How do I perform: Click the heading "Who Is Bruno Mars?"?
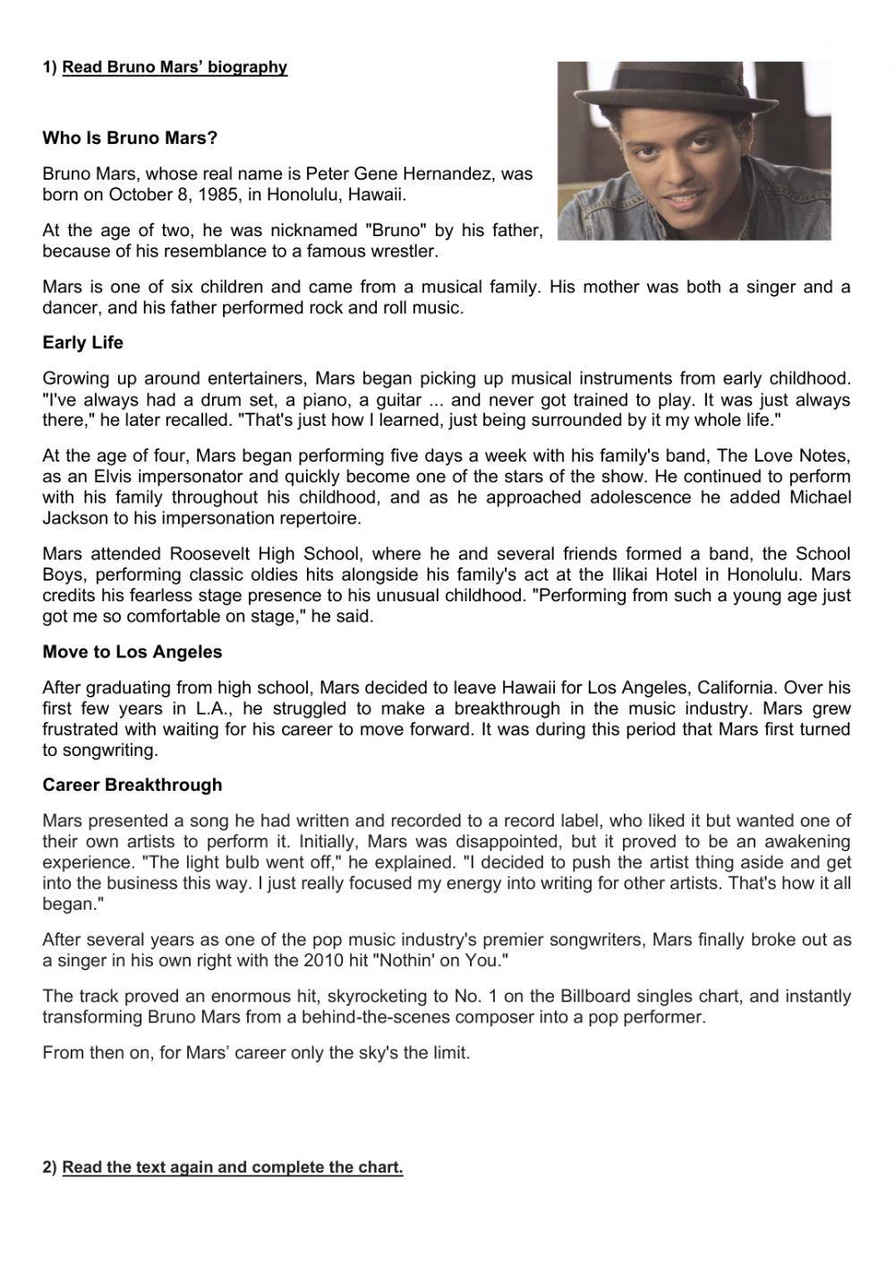click(130, 139)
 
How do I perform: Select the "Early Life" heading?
click(83, 343)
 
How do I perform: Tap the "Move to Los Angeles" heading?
click(132, 652)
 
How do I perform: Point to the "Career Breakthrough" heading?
click(132, 785)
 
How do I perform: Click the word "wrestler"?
click(405, 251)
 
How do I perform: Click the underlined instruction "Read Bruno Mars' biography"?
click(175, 67)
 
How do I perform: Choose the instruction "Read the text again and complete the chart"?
click(233, 1167)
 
